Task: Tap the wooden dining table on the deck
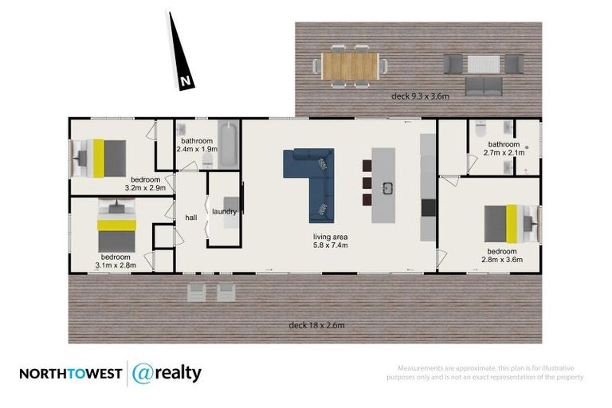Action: click(351, 66)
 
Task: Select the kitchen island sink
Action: click(389, 188)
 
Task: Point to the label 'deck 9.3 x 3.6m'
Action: click(421, 96)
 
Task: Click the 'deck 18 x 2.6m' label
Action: click(316, 325)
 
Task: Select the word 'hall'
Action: click(191, 217)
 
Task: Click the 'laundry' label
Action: click(224, 211)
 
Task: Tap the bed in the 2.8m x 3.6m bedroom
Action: click(510, 222)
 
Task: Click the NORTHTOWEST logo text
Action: click(69, 374)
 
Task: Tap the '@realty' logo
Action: click(167, 373)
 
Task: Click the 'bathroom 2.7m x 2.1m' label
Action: click(505, 148)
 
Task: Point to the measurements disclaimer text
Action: click(491, 372)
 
